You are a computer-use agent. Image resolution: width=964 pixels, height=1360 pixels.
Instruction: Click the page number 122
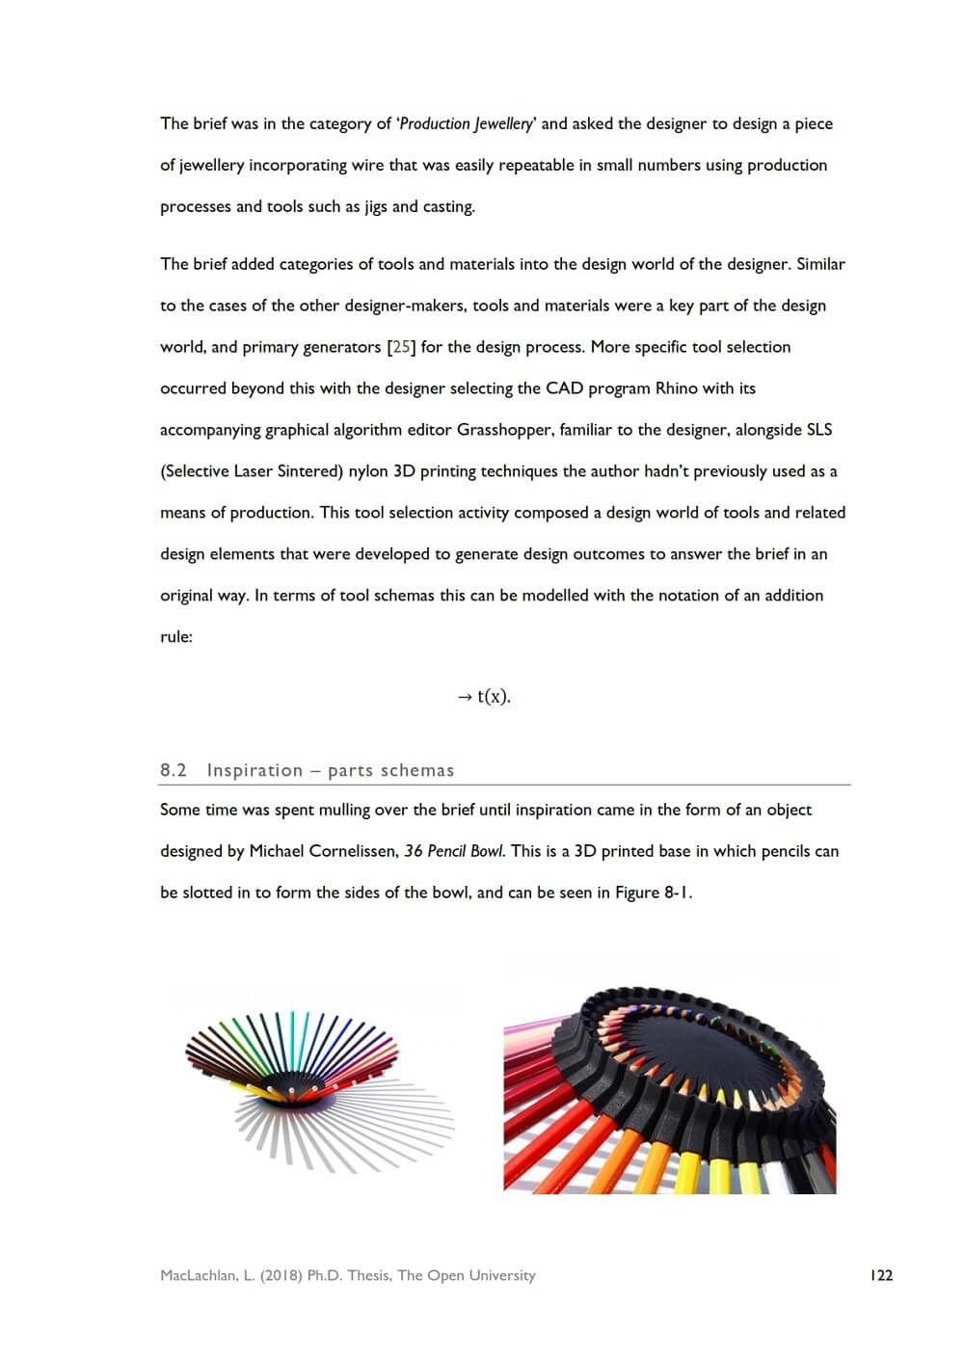pyautogui.click(x=881, y=1275)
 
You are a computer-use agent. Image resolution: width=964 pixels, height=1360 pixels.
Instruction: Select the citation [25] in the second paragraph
pyautogui.click(x=401, y=347)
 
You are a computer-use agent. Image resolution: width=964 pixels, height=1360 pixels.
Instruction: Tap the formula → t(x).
pyautogui.click(x=484, y=696)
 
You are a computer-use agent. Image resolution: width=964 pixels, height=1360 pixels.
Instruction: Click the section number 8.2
pyautogui.click(x=174, y=770)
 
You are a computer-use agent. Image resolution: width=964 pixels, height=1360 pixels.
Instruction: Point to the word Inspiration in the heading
pyautogui.click(x=254, y=770)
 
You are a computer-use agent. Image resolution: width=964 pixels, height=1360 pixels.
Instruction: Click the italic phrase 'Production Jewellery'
pyautogui.click(x=467, y=123)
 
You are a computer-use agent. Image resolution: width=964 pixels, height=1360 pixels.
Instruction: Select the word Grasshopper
pyautogui.click(x=502, y=430)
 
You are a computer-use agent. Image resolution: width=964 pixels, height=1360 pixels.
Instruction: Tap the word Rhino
pyautogui.click(x=677, y=388)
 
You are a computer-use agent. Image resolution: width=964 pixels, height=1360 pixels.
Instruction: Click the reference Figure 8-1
pyautogui.click(x=652, y=893)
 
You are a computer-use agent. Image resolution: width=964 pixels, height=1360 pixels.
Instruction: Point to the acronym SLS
pyautogui.click(x=816, y=430)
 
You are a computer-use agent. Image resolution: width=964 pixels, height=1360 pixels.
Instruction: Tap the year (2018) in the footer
pyautogui.click(x=281, y=1275)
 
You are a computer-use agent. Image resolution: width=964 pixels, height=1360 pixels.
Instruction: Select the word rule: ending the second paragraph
pyautogui.click(x=176, y=637)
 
